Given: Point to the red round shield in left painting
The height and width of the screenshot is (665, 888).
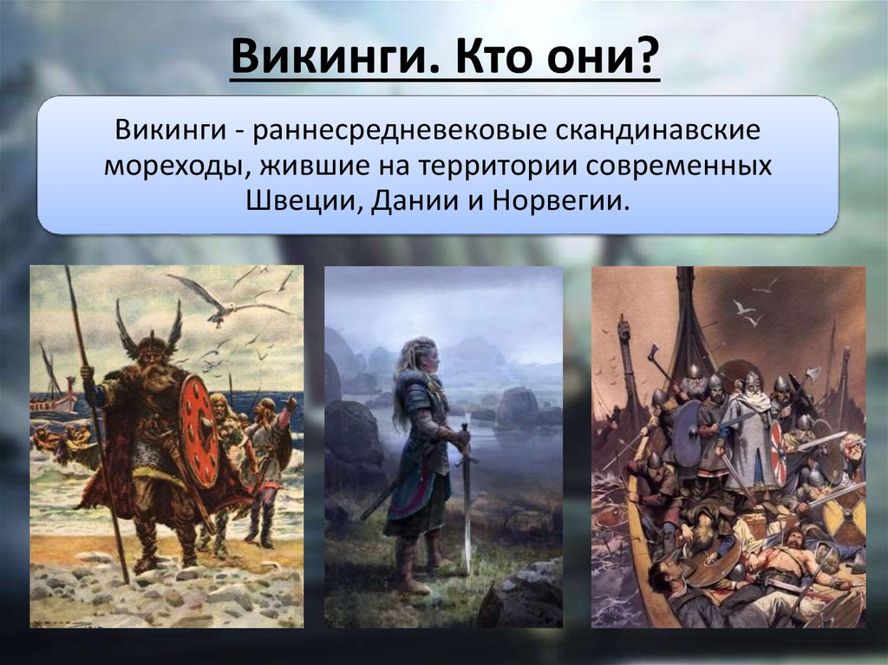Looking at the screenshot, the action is [x=199, y=431].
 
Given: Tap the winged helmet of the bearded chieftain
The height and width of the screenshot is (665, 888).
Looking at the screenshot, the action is [x=149, y=331].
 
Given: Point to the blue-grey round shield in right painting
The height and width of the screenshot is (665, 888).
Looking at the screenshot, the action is [x=687, y=434].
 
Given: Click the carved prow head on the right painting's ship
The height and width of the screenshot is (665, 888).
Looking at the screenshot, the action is [x=624, y=327].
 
